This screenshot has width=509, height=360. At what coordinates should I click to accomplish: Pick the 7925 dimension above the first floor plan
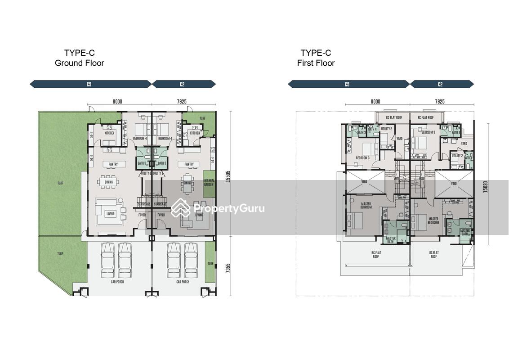439,102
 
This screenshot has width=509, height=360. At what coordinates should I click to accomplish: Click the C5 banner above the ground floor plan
90,84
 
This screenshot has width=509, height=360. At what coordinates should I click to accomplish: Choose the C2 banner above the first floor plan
441,84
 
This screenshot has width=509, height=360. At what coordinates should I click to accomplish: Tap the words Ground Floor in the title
79,63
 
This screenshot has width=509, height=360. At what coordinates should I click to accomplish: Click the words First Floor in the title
316,63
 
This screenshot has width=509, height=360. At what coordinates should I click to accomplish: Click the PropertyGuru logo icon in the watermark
181,208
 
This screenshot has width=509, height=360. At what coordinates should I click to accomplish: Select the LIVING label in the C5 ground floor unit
110,214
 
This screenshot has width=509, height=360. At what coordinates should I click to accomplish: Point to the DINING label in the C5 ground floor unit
109,182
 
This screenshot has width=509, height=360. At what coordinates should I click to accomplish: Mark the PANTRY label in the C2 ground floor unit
189,164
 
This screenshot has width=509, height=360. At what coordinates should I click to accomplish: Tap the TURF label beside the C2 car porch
210,264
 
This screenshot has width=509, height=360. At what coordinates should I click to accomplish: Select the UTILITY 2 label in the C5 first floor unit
387,129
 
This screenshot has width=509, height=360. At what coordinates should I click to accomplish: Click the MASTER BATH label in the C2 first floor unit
465,232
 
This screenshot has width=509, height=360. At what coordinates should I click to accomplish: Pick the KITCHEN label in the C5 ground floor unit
109,133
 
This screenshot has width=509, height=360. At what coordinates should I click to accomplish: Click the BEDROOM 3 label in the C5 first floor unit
362,158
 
